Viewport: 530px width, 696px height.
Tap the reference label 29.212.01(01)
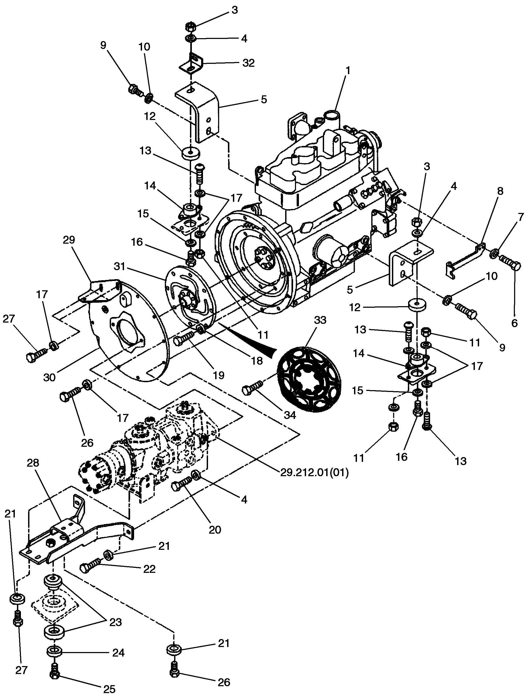coord(314,472)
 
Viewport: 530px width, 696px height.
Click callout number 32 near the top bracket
coord(248,63)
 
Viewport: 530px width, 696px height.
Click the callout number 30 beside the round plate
coord(50,377)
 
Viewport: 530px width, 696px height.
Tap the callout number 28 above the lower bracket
coord(33,463)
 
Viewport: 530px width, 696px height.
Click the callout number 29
coord(69,240)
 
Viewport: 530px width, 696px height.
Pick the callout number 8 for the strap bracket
coord(500,191)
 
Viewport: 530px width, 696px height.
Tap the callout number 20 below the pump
coord(215,530)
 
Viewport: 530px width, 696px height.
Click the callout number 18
coord(257,361)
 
